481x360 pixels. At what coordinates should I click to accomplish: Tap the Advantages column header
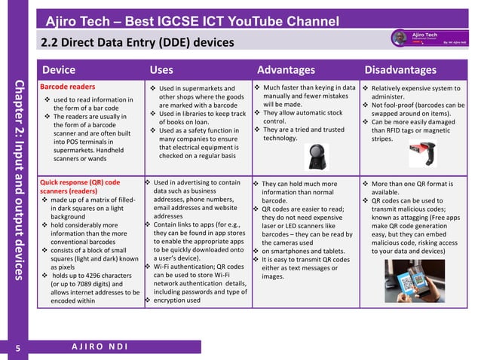click(x=286, y=70)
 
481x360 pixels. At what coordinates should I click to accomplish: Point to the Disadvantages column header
click(x=400, y=70)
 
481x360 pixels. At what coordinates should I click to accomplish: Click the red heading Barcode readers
click(x=67, y=87)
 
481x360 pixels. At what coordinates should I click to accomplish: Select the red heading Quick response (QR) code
click(x=79, y=182)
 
